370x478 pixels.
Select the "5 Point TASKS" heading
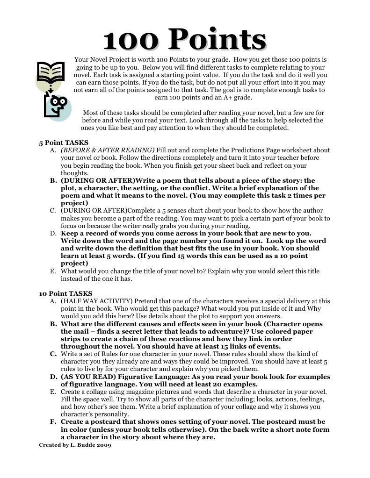[64, 143]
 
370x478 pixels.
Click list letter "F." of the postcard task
[53, 421]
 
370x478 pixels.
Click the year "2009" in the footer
[104, 445]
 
